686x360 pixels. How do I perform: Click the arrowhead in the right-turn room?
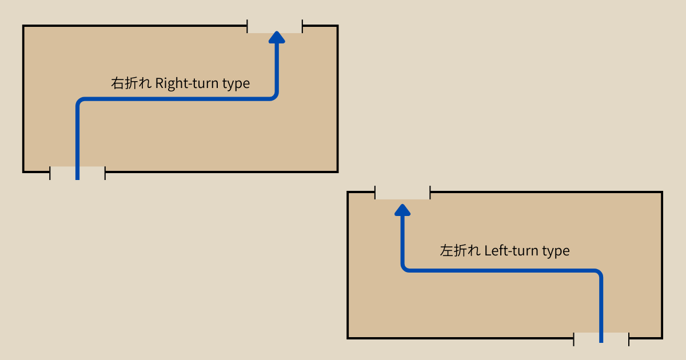[x=277, y=38]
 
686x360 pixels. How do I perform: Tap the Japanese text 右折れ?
[x=131, y=83]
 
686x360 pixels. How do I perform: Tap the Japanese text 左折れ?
[x=460, y=251]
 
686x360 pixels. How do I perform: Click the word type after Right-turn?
[x=236, y=84]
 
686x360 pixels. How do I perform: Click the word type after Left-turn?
[x=556, y=251]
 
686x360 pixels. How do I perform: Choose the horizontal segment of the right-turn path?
[x=177, y=99]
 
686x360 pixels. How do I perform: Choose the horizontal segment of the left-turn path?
[x=503, y=270]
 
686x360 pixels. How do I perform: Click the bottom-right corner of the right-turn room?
[x=337, y=171]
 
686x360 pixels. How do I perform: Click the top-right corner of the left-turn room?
[x=661, y=193]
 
